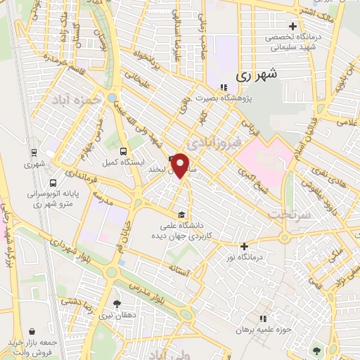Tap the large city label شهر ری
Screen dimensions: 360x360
click(253, 73)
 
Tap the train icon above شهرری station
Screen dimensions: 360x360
click(34, 152)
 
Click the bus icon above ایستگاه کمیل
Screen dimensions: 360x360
click(124, 151)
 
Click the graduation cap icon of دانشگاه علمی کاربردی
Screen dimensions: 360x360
click(181, 214)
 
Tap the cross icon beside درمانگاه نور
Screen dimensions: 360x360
click(244, 246)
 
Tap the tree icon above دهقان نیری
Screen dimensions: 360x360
click(117, 304)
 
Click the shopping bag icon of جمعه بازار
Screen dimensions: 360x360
click(34, 330)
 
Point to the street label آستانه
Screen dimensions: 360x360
click(179, 269)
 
